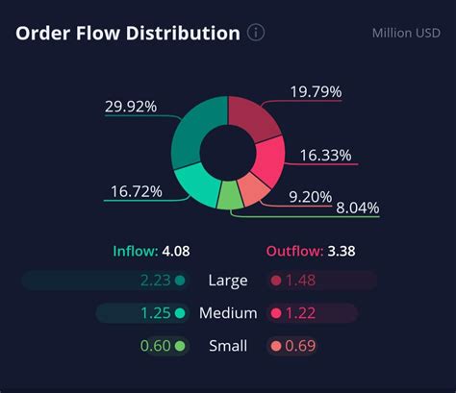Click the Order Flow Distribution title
[127, 34]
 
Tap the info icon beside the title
[256, 34]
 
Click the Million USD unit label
[406, 34]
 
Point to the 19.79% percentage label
[316, 92]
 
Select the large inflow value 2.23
[156, 281]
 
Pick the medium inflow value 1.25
[157, 313]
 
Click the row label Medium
[228, 313]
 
